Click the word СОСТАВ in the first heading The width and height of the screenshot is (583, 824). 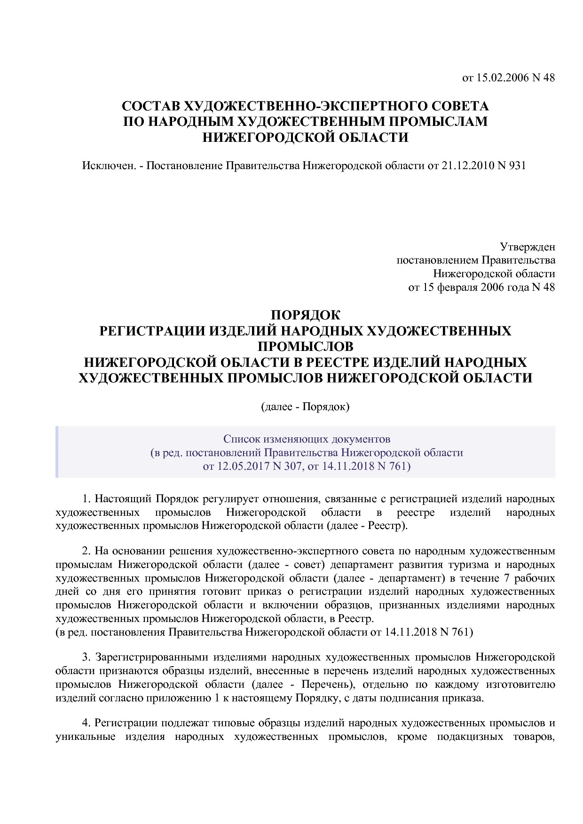tap(150, 106)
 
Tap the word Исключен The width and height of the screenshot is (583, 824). tap(109, 166)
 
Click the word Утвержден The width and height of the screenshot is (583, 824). tap(527, 247)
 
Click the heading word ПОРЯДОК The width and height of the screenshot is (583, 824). tap(305, 315)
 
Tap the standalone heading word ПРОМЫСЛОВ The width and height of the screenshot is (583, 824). tap(305, 346)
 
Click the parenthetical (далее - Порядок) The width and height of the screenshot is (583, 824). tap(305, 406)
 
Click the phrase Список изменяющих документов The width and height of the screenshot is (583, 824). tap(307, 439)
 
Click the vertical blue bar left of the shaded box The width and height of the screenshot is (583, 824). tap(57, 452)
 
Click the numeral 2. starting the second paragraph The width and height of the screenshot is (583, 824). tap(86, 551)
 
